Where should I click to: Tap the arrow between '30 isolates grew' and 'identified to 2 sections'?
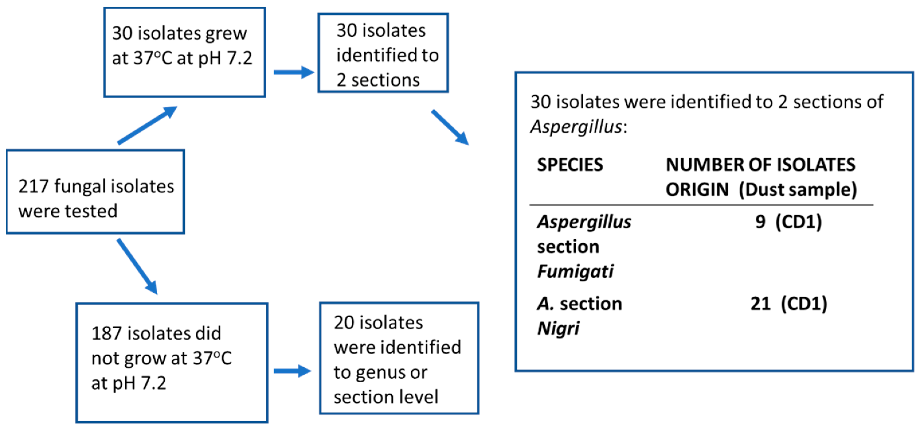tap(293, 72)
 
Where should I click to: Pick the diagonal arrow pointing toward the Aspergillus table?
tap(450, 127)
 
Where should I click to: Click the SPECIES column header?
tap(570, 165)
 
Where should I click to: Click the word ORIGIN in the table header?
tap(697, 189)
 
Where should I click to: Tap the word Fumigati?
tap(575, 271)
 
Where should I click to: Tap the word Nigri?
tap(558, 328)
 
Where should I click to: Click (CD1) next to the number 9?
tap(798, 222)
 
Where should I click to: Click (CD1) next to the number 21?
tap(804, 304)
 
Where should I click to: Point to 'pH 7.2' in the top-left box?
tap(225, 58)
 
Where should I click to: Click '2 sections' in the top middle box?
tap(378, 80)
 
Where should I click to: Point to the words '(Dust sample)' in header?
tap(798, 189)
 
